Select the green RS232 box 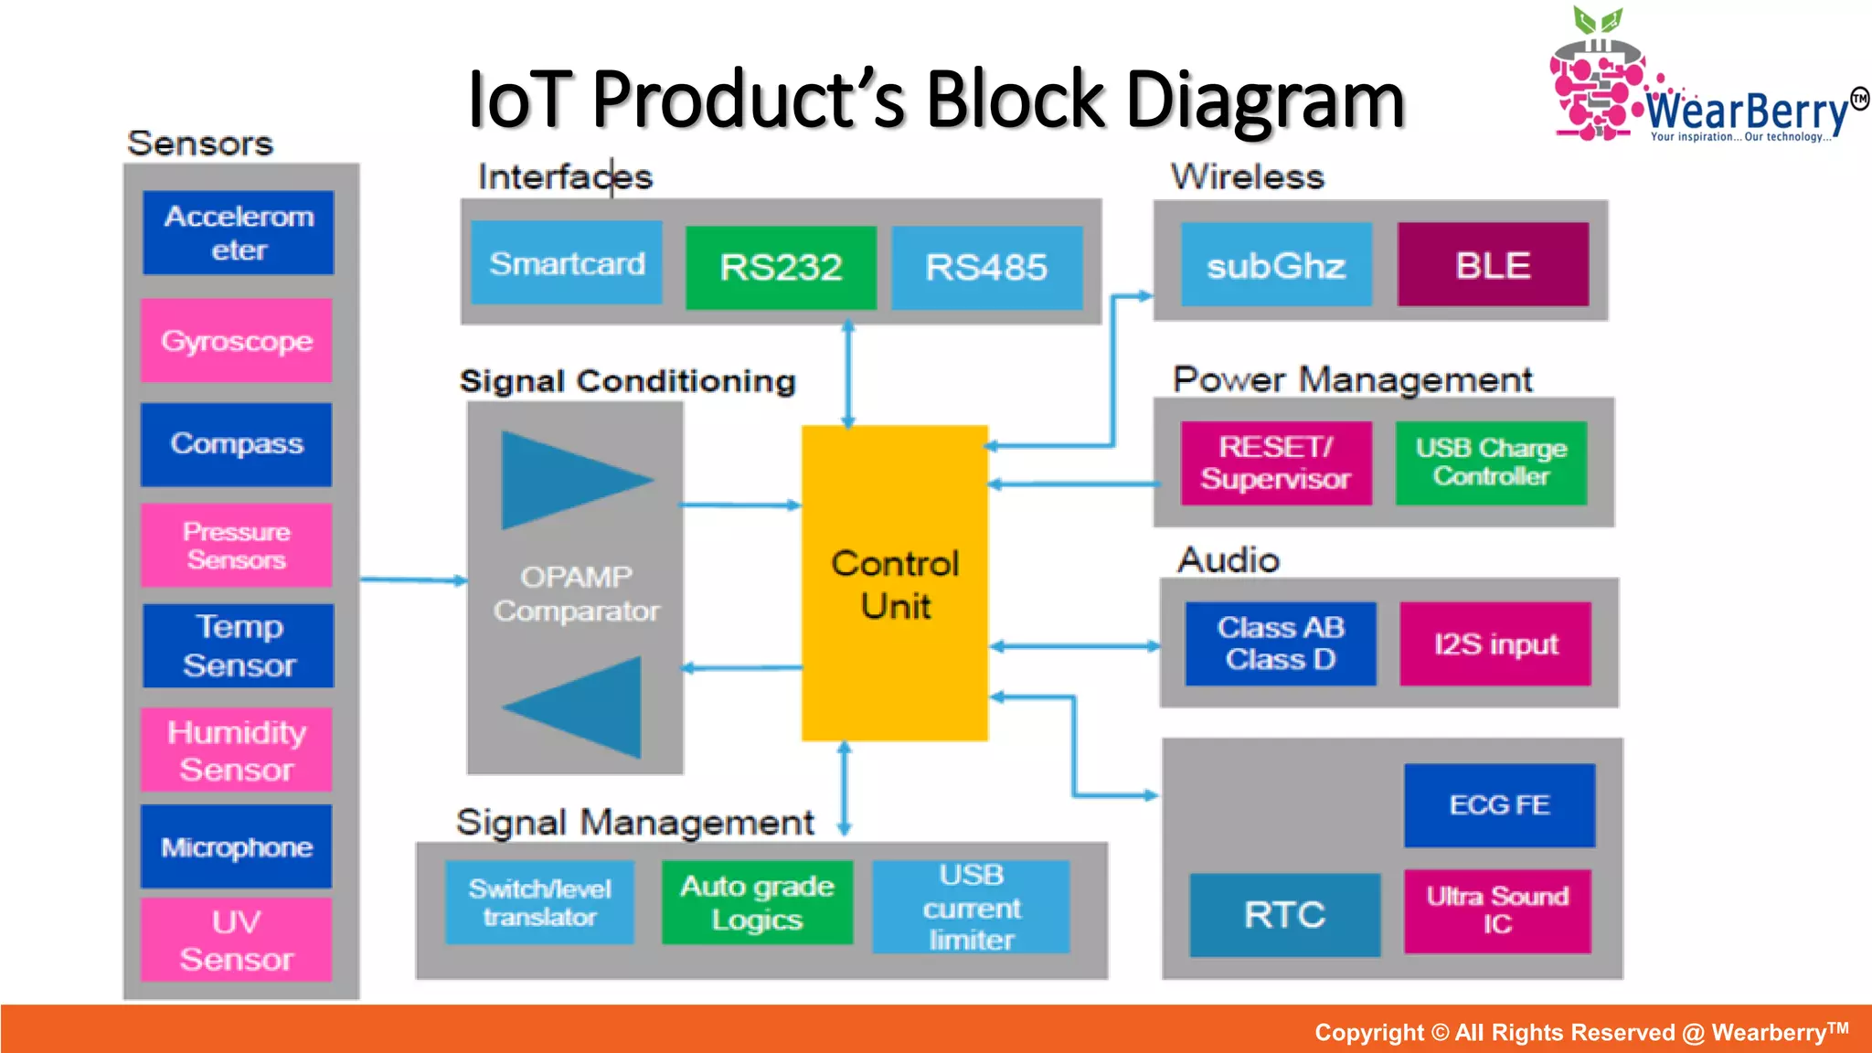(x=781, y=267)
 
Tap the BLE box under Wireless (x=1493, y=265)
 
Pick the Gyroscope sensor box (x=237, y=341)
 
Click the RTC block (x=1284, y=914)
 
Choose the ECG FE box (x=1499, y=804)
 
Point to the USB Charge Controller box (x=1491, y=463)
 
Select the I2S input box (x=1495, y=643)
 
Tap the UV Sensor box (x=237, y=940)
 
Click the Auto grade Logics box (x=757, y=902)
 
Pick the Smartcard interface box (x=567, y=263)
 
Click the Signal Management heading (x=634, y=822)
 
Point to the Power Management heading (x=1352, y=378)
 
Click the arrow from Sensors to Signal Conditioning (x=413, y=580)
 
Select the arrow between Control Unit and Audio (x=1074, y=646)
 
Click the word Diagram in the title (x=1265, y=101)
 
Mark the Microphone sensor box (x=237, y=846)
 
